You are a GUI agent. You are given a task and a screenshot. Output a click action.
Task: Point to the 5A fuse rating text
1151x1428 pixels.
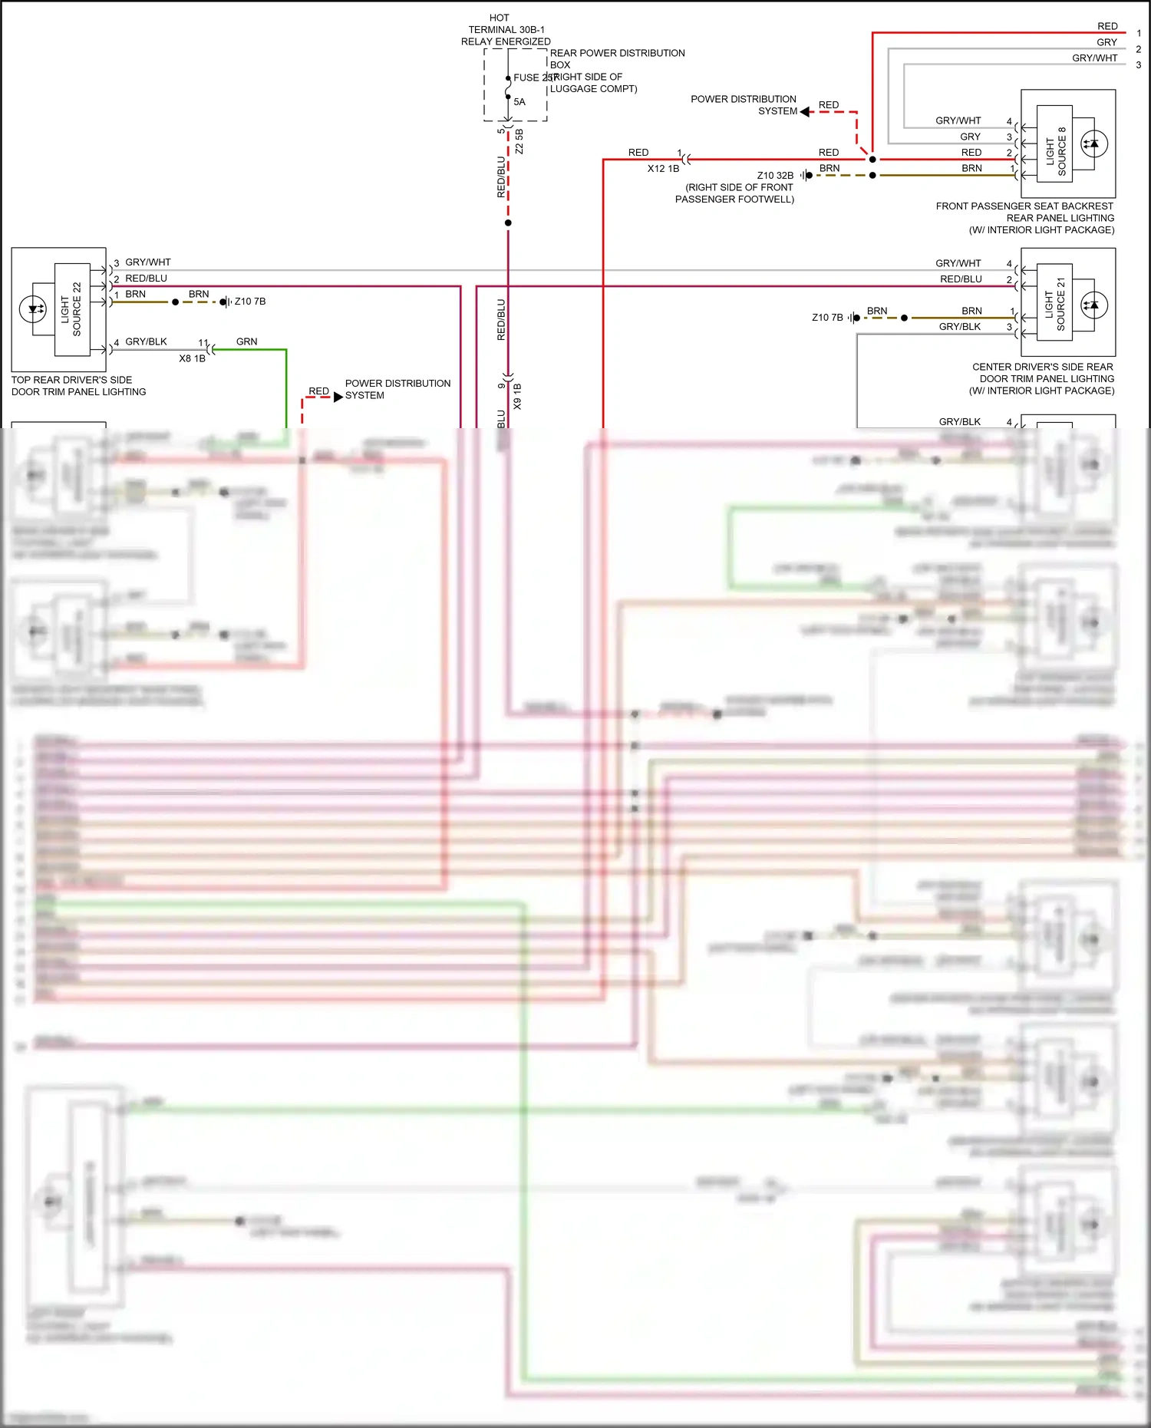point(519,102)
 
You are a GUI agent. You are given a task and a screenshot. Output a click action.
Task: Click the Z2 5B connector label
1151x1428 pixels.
point(519,141)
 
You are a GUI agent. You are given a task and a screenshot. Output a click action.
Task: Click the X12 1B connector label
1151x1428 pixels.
point(663,169)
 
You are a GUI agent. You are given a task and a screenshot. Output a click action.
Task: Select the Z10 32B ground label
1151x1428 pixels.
point(775,176)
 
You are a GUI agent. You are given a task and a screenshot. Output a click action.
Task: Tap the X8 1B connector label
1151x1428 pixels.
point(192,358)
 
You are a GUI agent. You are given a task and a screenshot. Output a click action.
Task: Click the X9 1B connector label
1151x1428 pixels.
point(517,396)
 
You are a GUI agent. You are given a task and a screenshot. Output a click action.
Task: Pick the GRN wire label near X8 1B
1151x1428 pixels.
point(246,341)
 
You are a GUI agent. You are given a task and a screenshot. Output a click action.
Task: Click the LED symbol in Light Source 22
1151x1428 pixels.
point(34,309)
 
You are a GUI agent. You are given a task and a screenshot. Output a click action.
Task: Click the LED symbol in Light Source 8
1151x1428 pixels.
point(1093,143)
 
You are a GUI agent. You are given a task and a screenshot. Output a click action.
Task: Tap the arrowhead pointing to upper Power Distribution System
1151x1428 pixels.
point(805,112)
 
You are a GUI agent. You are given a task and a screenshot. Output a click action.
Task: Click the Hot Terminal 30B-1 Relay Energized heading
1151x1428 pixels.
point(505,29)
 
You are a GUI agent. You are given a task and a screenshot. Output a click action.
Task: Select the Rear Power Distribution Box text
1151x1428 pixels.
point(616,58)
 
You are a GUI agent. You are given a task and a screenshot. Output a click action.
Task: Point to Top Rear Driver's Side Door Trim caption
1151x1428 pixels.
point(78,386)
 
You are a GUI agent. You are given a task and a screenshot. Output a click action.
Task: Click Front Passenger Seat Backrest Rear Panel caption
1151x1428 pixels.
point(1024,218)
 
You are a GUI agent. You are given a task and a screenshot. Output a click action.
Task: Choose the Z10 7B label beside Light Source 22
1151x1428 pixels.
point(250,302)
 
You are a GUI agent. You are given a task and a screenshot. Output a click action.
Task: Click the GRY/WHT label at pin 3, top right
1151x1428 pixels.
point(1094,58)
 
